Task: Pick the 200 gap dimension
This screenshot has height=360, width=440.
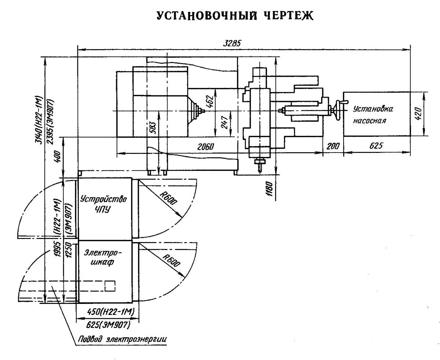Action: [x=333, y=146]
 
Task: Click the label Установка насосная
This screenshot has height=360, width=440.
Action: [x=373, y=114]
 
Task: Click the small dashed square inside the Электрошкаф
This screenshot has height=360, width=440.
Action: [x=110, y=286]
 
